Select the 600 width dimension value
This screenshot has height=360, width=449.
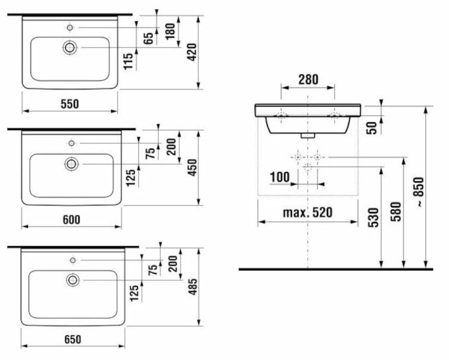[x=71, y=220]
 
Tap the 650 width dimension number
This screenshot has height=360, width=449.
[x=72, y=339]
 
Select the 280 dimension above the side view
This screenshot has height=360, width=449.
[x=308, y=80]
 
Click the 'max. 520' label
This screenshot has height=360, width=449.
[x=308, y=213]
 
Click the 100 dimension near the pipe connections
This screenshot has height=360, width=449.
[x=279, y=177]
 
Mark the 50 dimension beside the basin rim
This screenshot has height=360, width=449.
[x=371, y=127]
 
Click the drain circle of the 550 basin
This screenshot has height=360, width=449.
[x=70, y=48]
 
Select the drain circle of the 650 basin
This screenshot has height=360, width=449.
[x=72, y=279]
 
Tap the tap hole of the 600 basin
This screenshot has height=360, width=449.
[x=71, y=144]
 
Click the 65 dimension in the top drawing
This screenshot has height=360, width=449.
[x=149, y=38]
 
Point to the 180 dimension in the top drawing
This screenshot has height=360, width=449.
[x=168, y=30]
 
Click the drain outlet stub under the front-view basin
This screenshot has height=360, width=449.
[x=306, y=135]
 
